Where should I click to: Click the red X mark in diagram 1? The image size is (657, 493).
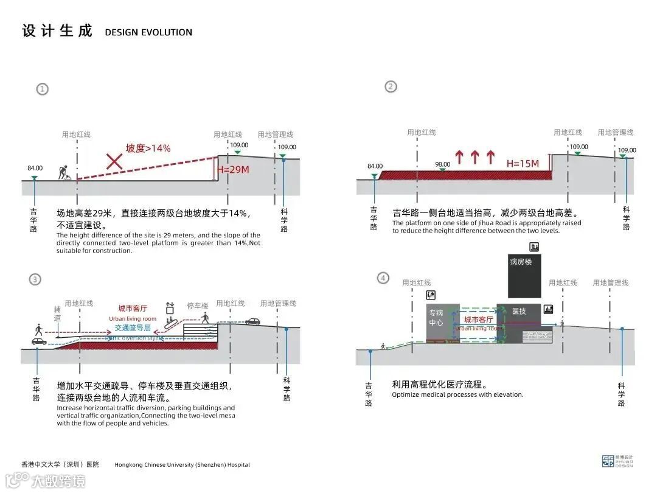pyautogui.click(x=114, y=161)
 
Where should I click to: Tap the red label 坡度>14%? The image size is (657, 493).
pyautogui.click(x=148, y=148)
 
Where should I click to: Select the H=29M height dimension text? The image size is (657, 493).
pyautogui.click(x=234, y=170)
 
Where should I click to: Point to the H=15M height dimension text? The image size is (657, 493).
pyautogui.click(x=523, y=163)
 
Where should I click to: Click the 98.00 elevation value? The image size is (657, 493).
pyautogui.click(x=443, y=164)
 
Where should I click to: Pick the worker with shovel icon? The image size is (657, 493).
pyautogui.click(x=64, y=172)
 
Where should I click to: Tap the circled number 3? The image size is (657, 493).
pyautogui.click(x=35, y=279)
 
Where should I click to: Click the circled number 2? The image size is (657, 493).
pyautogui.click(x=391, y=86)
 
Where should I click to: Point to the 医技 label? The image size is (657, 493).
pyautogui.click(x=518, y=312)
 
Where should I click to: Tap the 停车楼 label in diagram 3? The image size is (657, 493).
pyautogui.click(x=197, y=306)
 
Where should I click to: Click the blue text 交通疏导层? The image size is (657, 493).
pyautogui.click(x=132, y=327)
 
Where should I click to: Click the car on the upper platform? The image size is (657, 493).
pyautogui.click(x=252, y=321)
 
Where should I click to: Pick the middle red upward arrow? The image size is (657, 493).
pyautogui.click(x=474, y=158)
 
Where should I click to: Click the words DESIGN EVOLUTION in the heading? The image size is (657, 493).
pyautogui.click(x=148, y=32)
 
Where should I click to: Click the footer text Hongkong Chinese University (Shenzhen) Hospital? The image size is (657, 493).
pyautogui.click(x=182, y=465)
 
